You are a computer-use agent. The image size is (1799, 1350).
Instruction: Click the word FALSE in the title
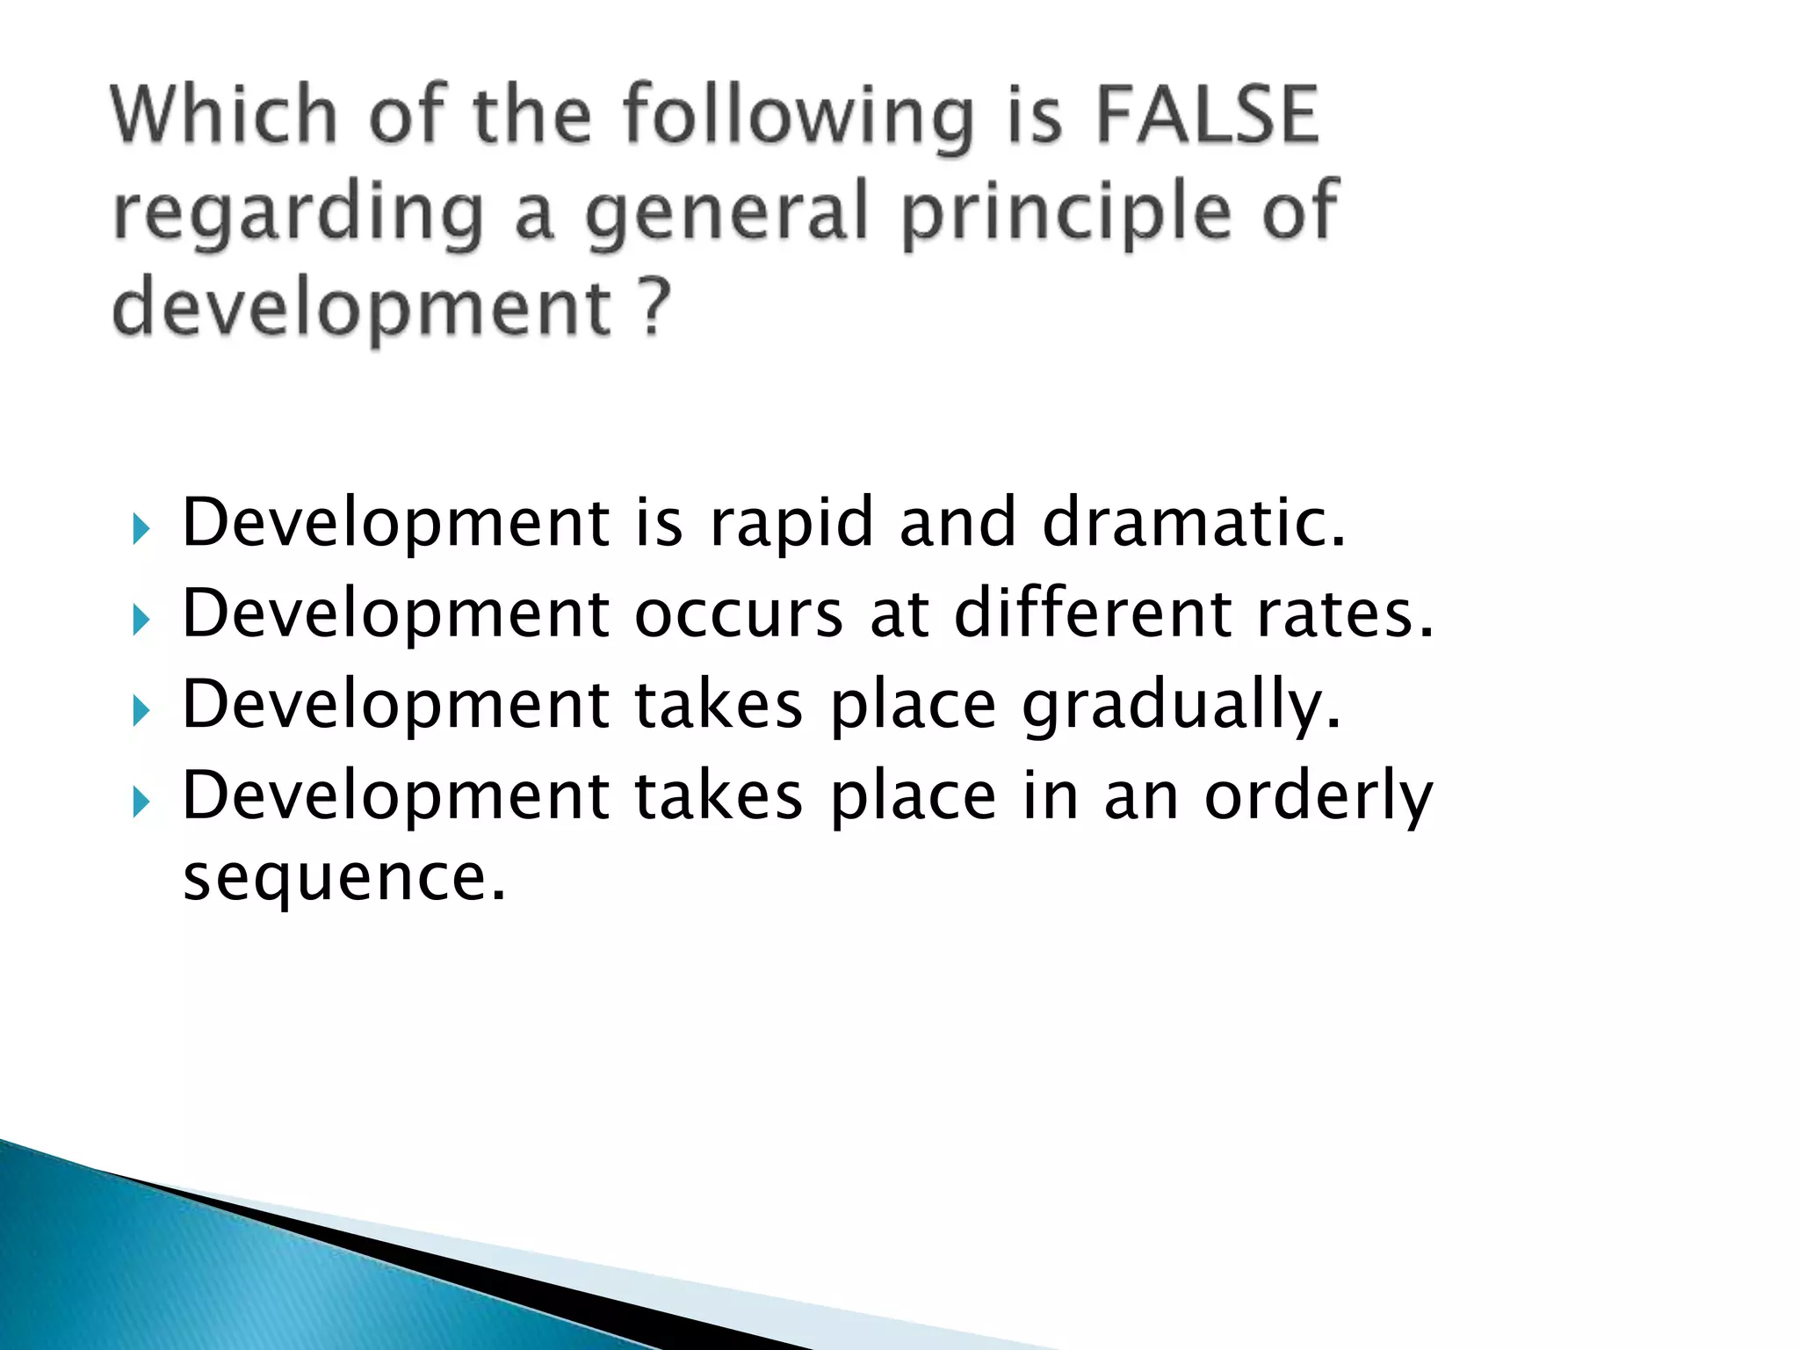click(x=1207, y=114)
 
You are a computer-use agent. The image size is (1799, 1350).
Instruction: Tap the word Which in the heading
click(x=225, y=114)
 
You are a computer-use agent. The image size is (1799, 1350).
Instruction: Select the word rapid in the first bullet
click(x=791, y=524)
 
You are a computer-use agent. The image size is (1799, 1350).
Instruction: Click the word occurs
click(x=739, y=614)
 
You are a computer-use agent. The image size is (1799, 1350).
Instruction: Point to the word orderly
click(x=1318, y=798)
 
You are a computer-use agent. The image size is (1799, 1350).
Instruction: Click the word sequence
click(x=343, y=879)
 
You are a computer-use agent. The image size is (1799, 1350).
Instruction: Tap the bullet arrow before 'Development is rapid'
click(x=141, y=530)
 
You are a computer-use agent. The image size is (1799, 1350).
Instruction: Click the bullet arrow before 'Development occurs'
click(x=141, y=621)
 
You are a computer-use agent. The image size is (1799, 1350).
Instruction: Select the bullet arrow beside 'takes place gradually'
click(x=141, y=712)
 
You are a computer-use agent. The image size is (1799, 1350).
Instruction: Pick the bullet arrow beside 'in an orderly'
click(x=141, y=803)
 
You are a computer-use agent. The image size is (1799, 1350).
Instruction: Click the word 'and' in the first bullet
click(x=958, y=522)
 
